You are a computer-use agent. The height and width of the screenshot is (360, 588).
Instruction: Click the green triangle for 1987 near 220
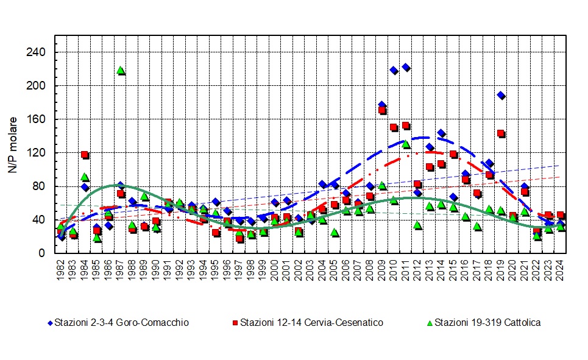click(x=121, y=70)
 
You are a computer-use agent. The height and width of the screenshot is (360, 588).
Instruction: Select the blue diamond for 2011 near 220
click(x=406, y=67)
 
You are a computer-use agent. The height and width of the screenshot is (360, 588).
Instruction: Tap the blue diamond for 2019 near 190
click(x=501, y=95)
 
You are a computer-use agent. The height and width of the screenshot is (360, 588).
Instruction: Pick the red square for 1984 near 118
click(x=85, y=155)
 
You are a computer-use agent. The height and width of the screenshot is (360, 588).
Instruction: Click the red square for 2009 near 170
click(x=382, y=110)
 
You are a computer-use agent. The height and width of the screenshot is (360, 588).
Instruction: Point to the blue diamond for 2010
click(x=394, y=70)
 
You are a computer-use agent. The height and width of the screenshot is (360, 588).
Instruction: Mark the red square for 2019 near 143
click(x=501, y=133)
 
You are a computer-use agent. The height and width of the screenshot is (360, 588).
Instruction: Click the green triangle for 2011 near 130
click(x=406, y=144)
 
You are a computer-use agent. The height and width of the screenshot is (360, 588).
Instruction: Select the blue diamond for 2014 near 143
click(x=441, y=133)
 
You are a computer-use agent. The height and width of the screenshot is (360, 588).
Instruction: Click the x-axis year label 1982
click(x=61, y=270)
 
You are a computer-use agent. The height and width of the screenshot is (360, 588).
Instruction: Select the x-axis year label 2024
click(x=561, y=270)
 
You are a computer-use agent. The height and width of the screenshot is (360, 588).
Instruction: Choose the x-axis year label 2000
click(x=275, y=270)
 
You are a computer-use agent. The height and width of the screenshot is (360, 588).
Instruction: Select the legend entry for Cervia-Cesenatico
click(x=311, y=322)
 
